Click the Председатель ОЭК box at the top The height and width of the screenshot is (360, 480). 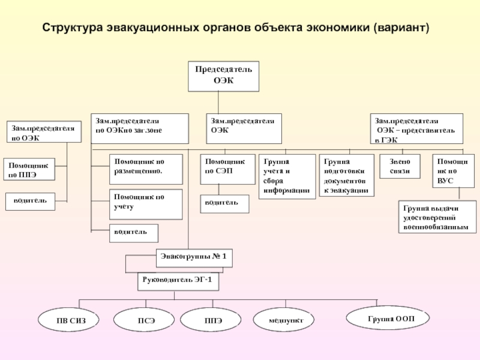tap(223, 76)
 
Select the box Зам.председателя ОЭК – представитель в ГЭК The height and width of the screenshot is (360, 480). tap(416, 128)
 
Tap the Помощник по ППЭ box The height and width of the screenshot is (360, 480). tap(29, 169)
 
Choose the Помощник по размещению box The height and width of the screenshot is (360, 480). tap(146, 169)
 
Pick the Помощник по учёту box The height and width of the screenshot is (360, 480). tap(146, 204)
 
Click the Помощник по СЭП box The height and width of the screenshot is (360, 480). tap(228, 169)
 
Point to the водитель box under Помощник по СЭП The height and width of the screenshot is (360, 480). tap(224, 204)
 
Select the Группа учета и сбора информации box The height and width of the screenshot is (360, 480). tap(287, 176)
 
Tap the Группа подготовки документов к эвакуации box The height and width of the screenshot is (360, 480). tap(347, 175)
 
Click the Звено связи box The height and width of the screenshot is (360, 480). tap(400, 166)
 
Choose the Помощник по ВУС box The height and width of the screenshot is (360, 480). tap(454, 171)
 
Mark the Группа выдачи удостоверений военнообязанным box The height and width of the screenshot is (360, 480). tap(437, 217)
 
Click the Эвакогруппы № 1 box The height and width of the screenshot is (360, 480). tap(194, 258)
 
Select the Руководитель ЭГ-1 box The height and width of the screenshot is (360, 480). tap(178, 281)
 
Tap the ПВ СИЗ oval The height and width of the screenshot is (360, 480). tap(68, 320)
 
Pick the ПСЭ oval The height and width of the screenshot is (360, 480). tap(144, 320)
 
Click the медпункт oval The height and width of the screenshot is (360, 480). tap(284, 320)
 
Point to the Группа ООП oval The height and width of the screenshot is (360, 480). tap(388, 318)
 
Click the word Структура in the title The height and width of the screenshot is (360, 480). tap(73, 28)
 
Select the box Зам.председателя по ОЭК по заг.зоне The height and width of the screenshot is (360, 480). tap(140, 128)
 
